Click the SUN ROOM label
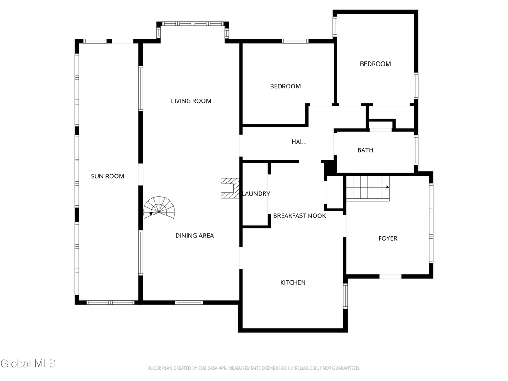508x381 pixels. (x=108, y=176)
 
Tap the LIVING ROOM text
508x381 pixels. (x=191, y=101)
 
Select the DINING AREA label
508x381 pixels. (x=194, y=236)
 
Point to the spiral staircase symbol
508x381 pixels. (x=159, y=207)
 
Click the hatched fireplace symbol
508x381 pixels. (x=230, y=188)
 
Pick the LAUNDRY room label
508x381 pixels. (x=256, y=194)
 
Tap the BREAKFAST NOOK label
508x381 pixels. (x=299, y=216)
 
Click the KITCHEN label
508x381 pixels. (x=293, y=282)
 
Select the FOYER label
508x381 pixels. (x=388, y=238)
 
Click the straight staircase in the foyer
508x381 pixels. (x=368, y=188)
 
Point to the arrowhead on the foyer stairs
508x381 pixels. (x=388, y=187)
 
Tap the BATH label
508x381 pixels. (x=365, y=150)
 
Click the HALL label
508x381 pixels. (x=299, y=142)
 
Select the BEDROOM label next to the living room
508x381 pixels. (x=286, y=87)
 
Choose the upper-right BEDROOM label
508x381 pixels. (x=375, y=64)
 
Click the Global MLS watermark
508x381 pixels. (x=28, y=364)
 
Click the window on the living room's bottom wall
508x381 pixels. (x=189, y=303)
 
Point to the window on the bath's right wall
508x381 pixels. (x=416, y=150)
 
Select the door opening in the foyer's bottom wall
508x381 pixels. (x=390, y=276)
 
